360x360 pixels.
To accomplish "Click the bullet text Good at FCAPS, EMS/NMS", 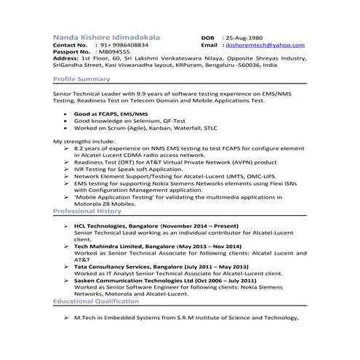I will pos(111,114).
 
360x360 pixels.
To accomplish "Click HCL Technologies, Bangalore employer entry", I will pos(113,227).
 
